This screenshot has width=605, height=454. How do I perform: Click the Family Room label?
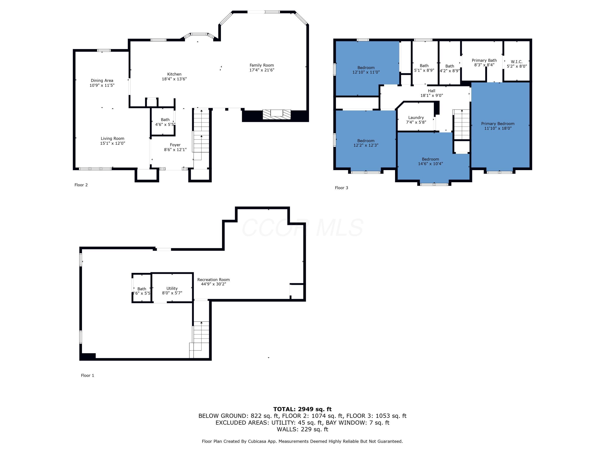pyautogui.click(x=262, y=65)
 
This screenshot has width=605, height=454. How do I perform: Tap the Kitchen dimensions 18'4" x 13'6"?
pyautogui.click(x=174, y=79)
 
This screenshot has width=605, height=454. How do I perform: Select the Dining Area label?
pyautogui.click(x=102, y=81)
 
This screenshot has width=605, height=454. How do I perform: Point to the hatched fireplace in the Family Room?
pyautogui.click(x=276, y=114)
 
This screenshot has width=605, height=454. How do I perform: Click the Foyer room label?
pyautogui.click(x=175, y=145)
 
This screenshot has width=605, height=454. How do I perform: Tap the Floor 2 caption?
pyautogui.click(x=81, y=185)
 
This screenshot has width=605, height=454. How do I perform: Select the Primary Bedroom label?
pyautogui.click(x=498, y=124)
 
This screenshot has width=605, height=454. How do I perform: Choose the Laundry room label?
pyautogui.click(x=416, y=118)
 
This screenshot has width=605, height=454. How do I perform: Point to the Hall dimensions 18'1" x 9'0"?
pyautogui.click(x=431, y=95)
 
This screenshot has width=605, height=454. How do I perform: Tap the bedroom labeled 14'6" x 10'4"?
pyautogui.click(x=430, y=161)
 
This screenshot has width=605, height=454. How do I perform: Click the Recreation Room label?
pyautogui.click(x=213, y=280)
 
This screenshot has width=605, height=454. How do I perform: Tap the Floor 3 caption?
pyautogui.click(x=341, y=188)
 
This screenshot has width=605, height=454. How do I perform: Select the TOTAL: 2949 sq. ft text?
pyautogui.click(x=302, y=409)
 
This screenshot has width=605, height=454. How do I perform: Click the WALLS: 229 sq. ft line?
pyautogui.click(x=302, y=429)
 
